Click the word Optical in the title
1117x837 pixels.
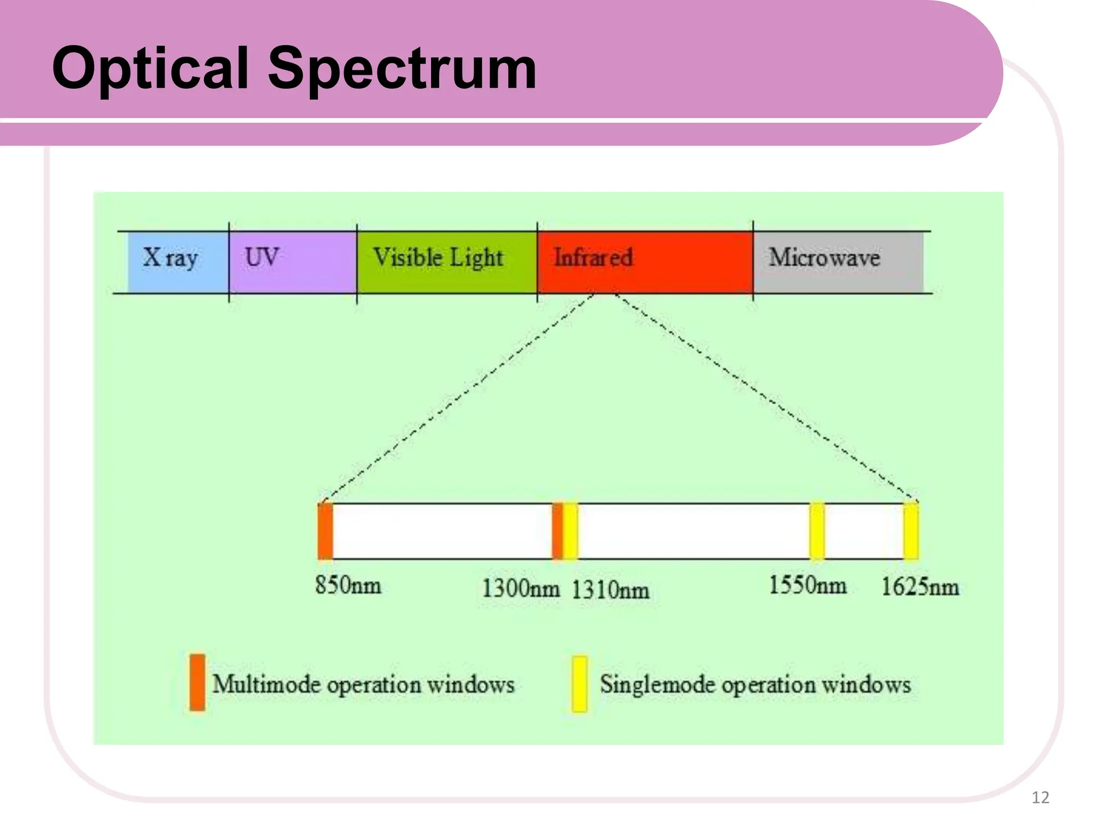(150, 69)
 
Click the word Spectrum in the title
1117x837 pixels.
(402, 69)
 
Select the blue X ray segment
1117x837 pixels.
(177, 262)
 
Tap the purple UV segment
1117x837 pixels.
(292, 262)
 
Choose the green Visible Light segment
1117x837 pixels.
(446, 262)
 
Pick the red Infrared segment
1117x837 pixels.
(644, 262)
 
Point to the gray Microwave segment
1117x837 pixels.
(837, 262)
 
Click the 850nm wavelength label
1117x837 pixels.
(348, 586)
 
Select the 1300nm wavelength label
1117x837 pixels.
(520, 589)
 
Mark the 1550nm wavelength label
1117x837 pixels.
(807, 586)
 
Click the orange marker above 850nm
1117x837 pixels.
(326, 531)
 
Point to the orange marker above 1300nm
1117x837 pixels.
(557, 531)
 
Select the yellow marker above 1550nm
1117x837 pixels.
(816, 531)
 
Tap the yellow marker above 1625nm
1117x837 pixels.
(910, 531)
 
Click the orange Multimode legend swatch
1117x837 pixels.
(197, 683)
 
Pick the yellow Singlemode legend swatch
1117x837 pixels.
(579, 684)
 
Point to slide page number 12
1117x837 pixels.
(1040, 798)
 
